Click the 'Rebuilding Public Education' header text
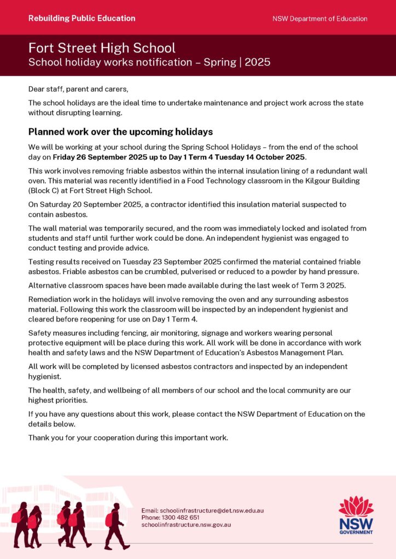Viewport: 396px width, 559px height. point(82,18)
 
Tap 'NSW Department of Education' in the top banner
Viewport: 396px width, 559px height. point(320,19)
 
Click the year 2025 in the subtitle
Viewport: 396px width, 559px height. point(258,62)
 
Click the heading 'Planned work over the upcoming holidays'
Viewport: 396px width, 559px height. point(120,132)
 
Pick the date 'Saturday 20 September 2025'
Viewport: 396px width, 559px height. point(94,205)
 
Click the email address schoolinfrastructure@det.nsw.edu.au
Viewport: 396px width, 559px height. point(202,510)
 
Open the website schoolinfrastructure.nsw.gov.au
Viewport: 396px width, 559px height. point(186,525)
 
